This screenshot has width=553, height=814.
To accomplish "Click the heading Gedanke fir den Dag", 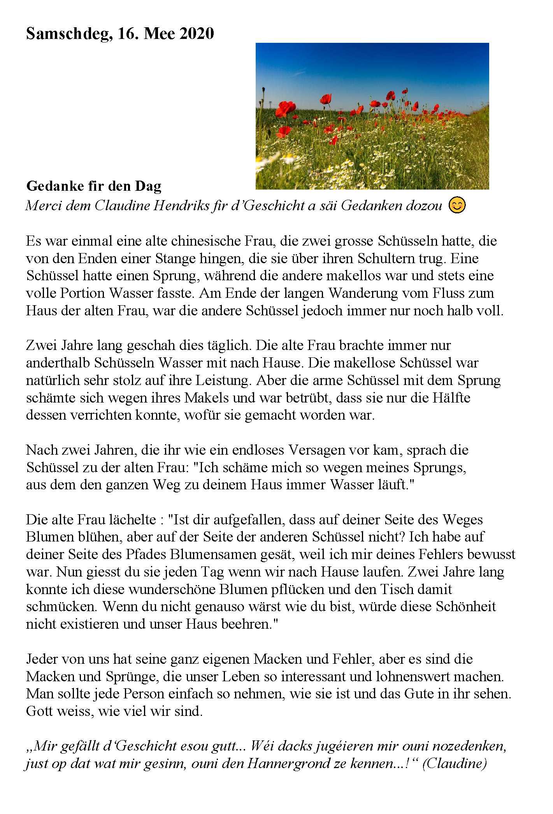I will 94,186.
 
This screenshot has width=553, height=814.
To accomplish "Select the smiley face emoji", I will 457,205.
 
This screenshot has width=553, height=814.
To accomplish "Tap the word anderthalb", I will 58,363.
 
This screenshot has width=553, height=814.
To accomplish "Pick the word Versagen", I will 316,450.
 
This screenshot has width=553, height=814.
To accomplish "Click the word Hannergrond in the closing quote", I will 296,763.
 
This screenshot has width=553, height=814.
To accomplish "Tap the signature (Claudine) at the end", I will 454,763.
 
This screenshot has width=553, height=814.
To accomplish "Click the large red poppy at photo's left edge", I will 286,108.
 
